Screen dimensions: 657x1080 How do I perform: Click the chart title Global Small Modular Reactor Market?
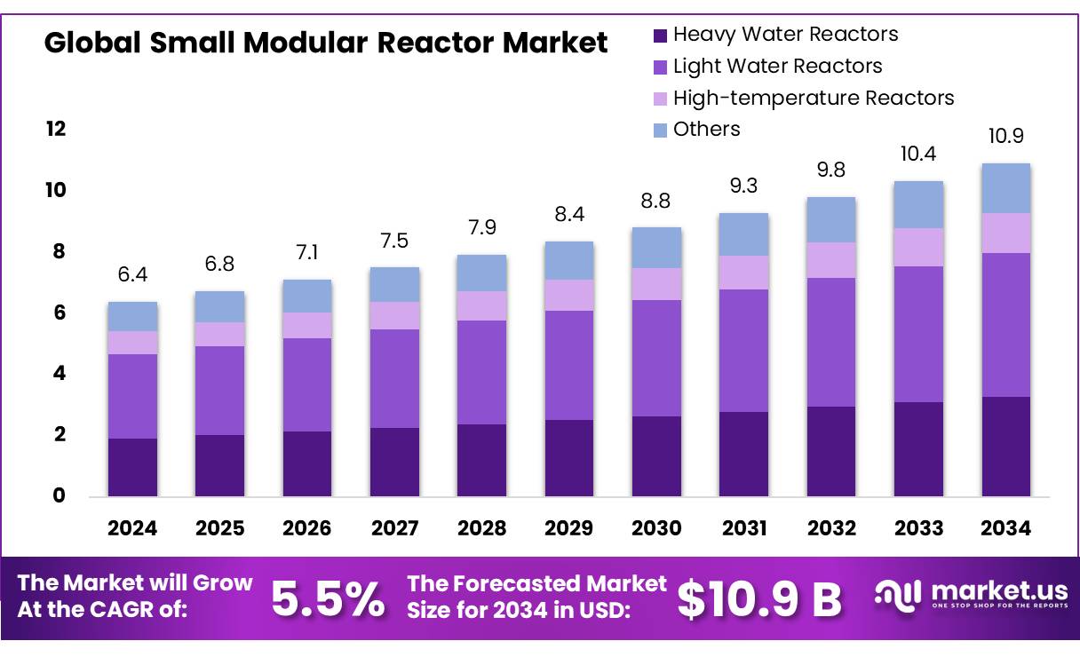point(326,43)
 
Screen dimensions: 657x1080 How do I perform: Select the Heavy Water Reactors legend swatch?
point(660,36)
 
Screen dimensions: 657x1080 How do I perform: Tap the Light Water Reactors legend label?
point(777,66)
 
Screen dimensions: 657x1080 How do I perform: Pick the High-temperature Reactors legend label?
point(813,98)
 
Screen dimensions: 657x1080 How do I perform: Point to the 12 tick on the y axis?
point(56,130)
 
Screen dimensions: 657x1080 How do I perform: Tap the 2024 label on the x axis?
point(132,528)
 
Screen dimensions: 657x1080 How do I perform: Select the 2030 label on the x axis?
point(656,528)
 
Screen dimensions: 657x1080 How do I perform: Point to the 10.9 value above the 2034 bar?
point(1006,137)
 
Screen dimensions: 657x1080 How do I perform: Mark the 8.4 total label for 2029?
point(569,215)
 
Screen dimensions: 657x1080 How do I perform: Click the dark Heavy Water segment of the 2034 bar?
point(1006,446)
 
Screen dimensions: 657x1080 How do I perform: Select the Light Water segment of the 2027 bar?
point(394,378)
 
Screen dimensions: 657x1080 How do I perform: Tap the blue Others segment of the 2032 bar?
point(831,219)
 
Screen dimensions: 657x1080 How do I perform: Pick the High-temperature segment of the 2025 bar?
point(220,334)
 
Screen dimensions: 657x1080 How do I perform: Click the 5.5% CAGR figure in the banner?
point(328,599)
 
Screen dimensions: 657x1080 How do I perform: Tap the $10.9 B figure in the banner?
point(759,599)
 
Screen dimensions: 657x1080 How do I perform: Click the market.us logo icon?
point(898,597)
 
